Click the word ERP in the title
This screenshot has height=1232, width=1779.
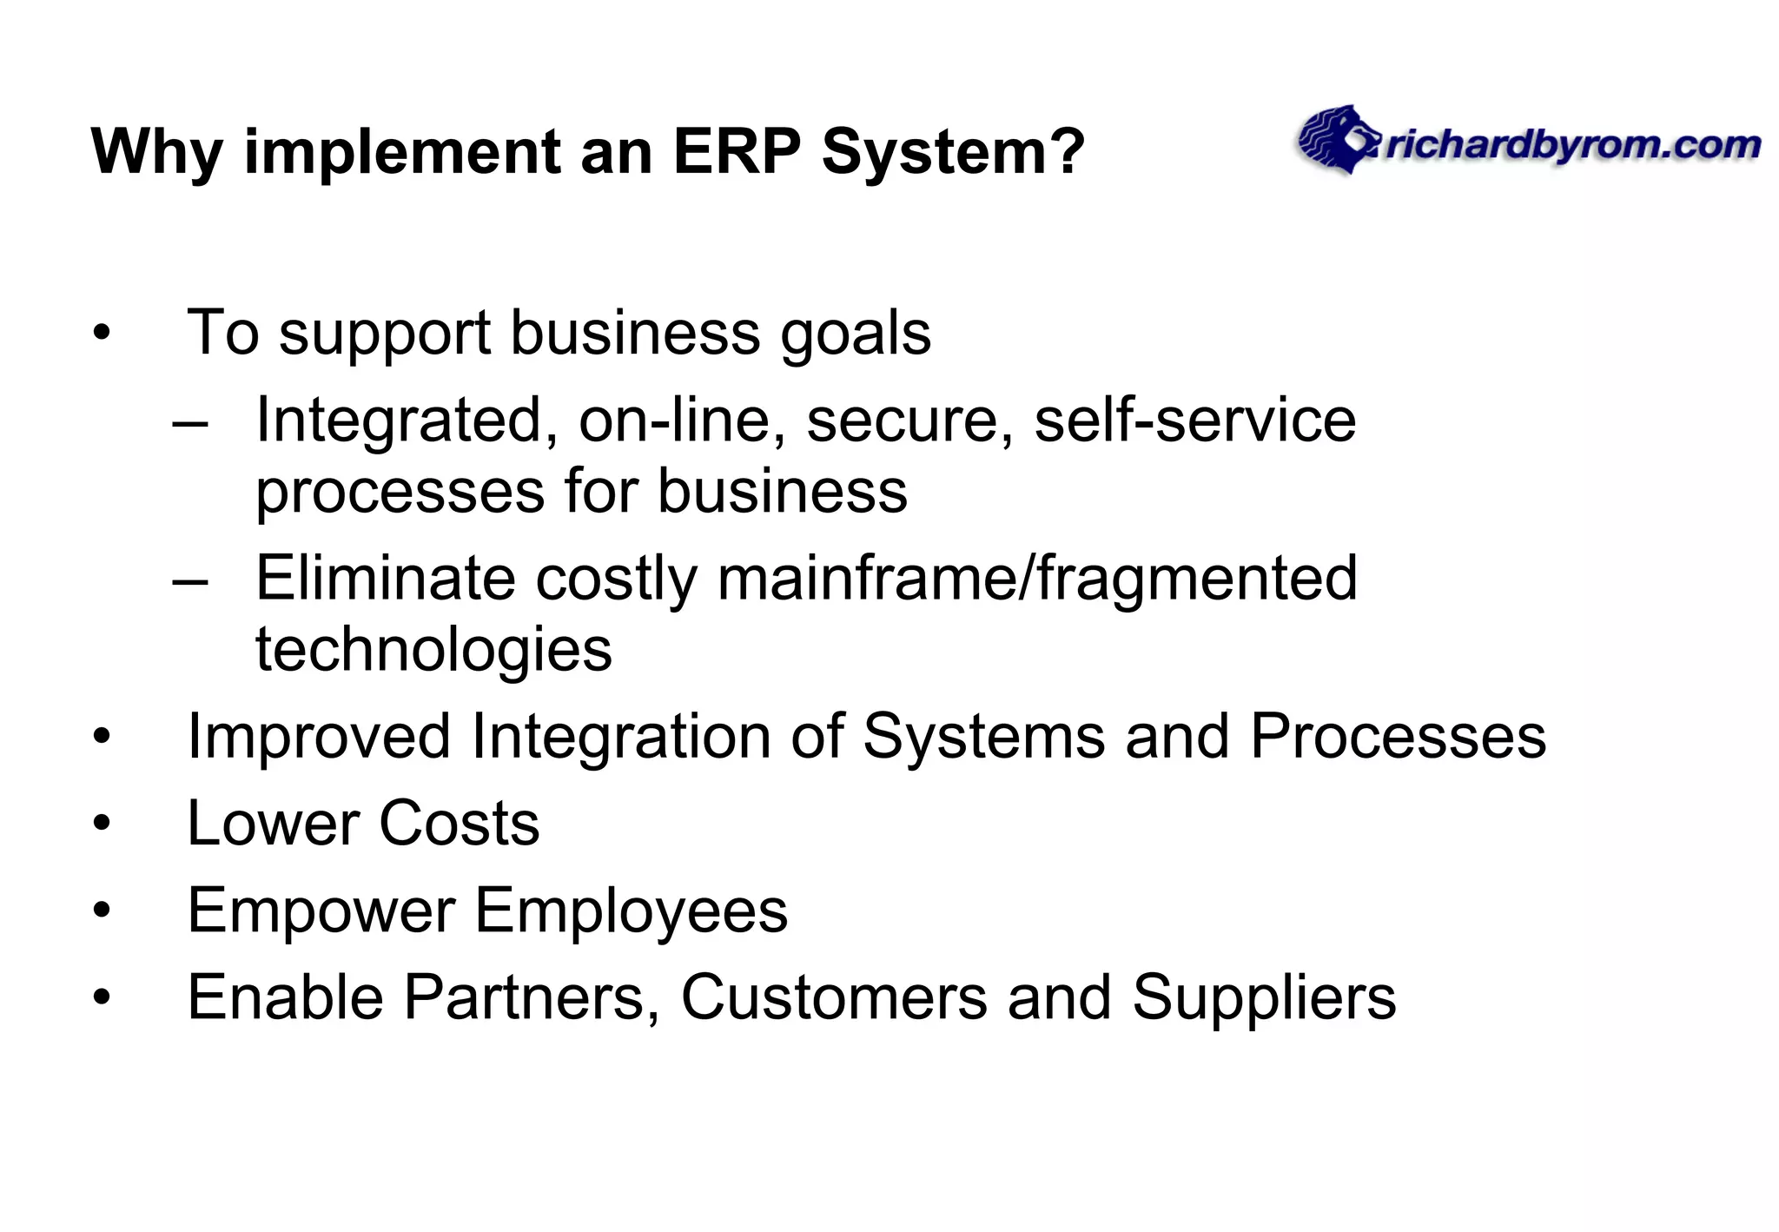(x=736, y=152)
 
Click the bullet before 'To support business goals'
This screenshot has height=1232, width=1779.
(x=103, y=334)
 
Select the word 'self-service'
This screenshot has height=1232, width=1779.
(x=1194, y=421)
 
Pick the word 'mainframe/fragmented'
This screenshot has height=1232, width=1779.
(x=1037, y=579)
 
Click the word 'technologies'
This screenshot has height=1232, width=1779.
(x=433, y=650)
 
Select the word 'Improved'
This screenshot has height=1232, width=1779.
(x=319, y=738)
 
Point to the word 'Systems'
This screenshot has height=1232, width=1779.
(x=983, y=738)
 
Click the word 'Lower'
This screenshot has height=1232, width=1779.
(x=272, y=823)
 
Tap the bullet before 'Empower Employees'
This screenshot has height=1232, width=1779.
(x=103, y=911)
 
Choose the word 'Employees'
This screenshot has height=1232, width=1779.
(x=632, y=911)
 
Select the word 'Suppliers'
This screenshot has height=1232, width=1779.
(x=1264, y=997)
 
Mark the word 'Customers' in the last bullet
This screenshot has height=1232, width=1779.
(x=834, y=997)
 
